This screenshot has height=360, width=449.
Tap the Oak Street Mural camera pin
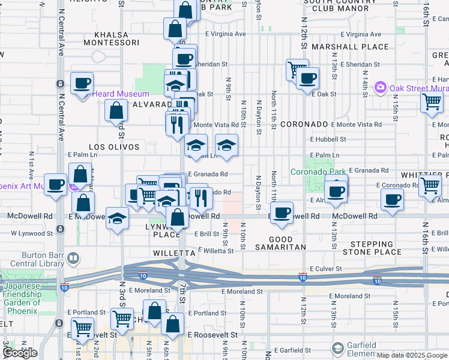[x=379, y=88]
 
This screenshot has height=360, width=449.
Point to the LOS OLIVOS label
[x=114, y=147]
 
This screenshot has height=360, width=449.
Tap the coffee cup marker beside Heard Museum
[x=82, y=83]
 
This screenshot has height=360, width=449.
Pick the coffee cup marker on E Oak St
[x=308, y=78]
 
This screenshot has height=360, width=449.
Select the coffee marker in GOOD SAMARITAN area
[x=281, y=213]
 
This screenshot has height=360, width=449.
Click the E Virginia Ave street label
[x=225, y=34]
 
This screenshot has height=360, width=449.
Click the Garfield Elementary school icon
[x=338, y=349]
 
